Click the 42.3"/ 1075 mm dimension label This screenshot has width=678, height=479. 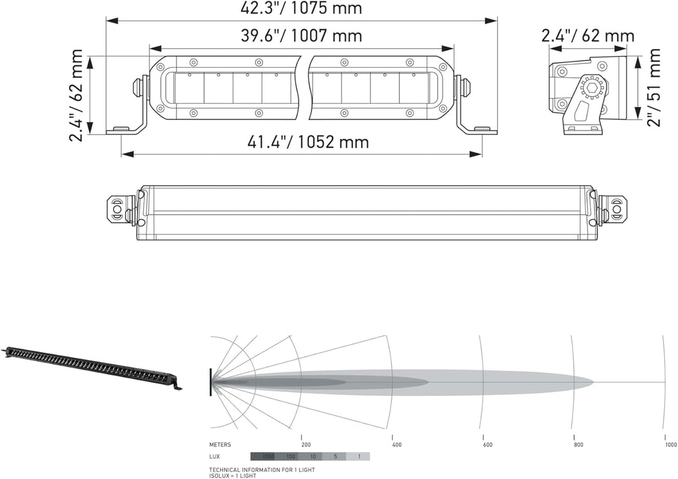point(301,9)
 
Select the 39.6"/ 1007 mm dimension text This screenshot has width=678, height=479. point(301,35)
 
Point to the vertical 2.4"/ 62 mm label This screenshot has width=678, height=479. point(77,95)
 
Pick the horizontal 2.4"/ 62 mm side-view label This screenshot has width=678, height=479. point(588,36)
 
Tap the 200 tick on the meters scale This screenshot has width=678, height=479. point(306,444)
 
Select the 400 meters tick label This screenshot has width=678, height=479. point(396,444)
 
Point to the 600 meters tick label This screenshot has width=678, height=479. point(487,444)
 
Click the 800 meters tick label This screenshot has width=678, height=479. point(578,444)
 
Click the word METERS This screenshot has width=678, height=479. point(220,444)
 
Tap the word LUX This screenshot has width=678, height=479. point(215,456)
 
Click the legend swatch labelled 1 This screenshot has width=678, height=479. point(358,456)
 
